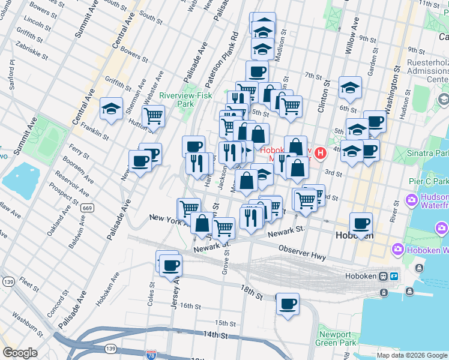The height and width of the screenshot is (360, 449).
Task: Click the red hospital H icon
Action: [320, 153]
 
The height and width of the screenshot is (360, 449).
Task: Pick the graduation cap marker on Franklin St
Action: [111, 109]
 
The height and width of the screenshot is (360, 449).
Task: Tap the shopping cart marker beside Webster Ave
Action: [154, 116]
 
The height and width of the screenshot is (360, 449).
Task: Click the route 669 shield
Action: [88, 207]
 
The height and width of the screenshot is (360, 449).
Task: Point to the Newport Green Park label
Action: [335, 338]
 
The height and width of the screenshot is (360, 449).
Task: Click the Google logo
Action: [20, 352]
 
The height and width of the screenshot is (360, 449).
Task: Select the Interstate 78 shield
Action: [151, 355]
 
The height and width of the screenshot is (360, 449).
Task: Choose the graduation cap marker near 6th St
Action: [350, 88]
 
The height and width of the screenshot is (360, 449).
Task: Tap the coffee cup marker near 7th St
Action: [257, 72]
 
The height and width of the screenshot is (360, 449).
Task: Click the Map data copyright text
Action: [412, 355]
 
